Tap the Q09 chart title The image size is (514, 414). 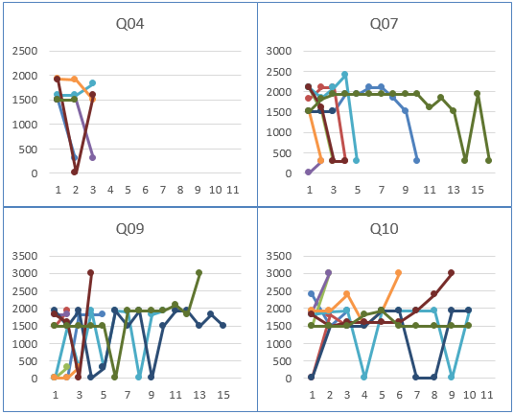tap(129, 228)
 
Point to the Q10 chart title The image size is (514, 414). tap(385, 228)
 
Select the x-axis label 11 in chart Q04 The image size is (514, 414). tap(233, 190)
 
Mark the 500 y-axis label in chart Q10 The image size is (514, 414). tap(282, 360)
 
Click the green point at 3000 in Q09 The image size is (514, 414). tap(199, 273)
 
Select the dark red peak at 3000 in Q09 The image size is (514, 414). tap(90, 273)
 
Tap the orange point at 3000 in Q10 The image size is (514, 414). tap(399, 273)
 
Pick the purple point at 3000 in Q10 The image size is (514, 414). tap(328, 273)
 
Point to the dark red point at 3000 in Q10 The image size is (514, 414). tap(451, 273)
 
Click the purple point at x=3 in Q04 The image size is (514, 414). tap(92, 157)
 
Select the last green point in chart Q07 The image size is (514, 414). tap(489, 160)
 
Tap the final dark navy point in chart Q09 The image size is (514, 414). tap(222, 325)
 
